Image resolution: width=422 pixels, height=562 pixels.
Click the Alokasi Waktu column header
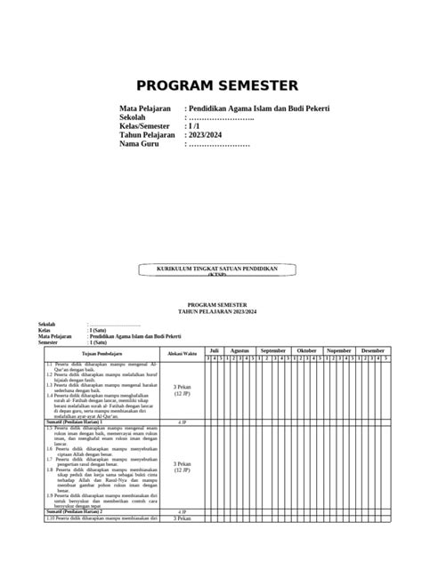pos(182,353)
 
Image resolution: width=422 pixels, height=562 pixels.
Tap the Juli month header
pos(214,350)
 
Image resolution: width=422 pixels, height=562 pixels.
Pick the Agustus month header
pos(240,350)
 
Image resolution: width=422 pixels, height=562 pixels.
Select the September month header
pos(273,350)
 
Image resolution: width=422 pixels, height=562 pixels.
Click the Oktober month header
pos(306,350)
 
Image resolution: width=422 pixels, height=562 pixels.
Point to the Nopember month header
pos(339,350)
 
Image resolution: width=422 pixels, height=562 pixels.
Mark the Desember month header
pos(372,350)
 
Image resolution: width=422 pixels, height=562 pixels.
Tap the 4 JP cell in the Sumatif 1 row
pos(182,421)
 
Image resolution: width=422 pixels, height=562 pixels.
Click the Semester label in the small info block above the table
pos(50,342)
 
